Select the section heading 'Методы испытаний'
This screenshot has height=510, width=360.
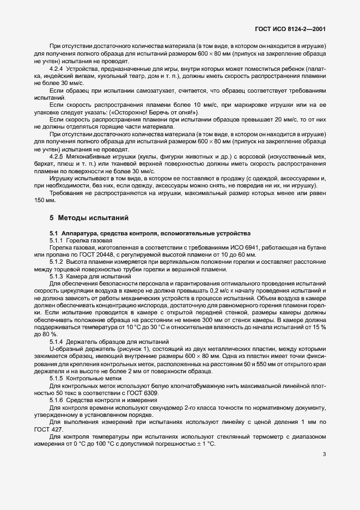click(94, 218)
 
